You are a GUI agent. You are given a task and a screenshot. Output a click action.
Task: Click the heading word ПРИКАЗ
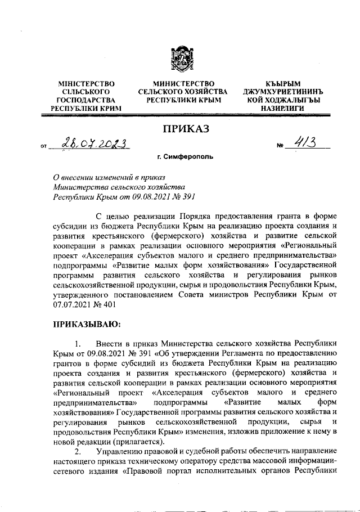pyautogui.click(x=186, y=129)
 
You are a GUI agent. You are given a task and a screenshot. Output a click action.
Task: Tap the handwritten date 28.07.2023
pyautogui.click(x=95, y=145)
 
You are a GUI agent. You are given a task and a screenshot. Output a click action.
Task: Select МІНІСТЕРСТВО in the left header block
pyautogui.click(x=87, y=83)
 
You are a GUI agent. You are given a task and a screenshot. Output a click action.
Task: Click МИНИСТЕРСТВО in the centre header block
pyautogui.click(x=183, y=83)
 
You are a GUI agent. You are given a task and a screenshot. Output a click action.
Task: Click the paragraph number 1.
pyautogui.click(x=78, y=343)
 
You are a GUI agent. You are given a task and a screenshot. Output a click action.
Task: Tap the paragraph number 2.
pyautogui.click(x=78, y=452)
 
